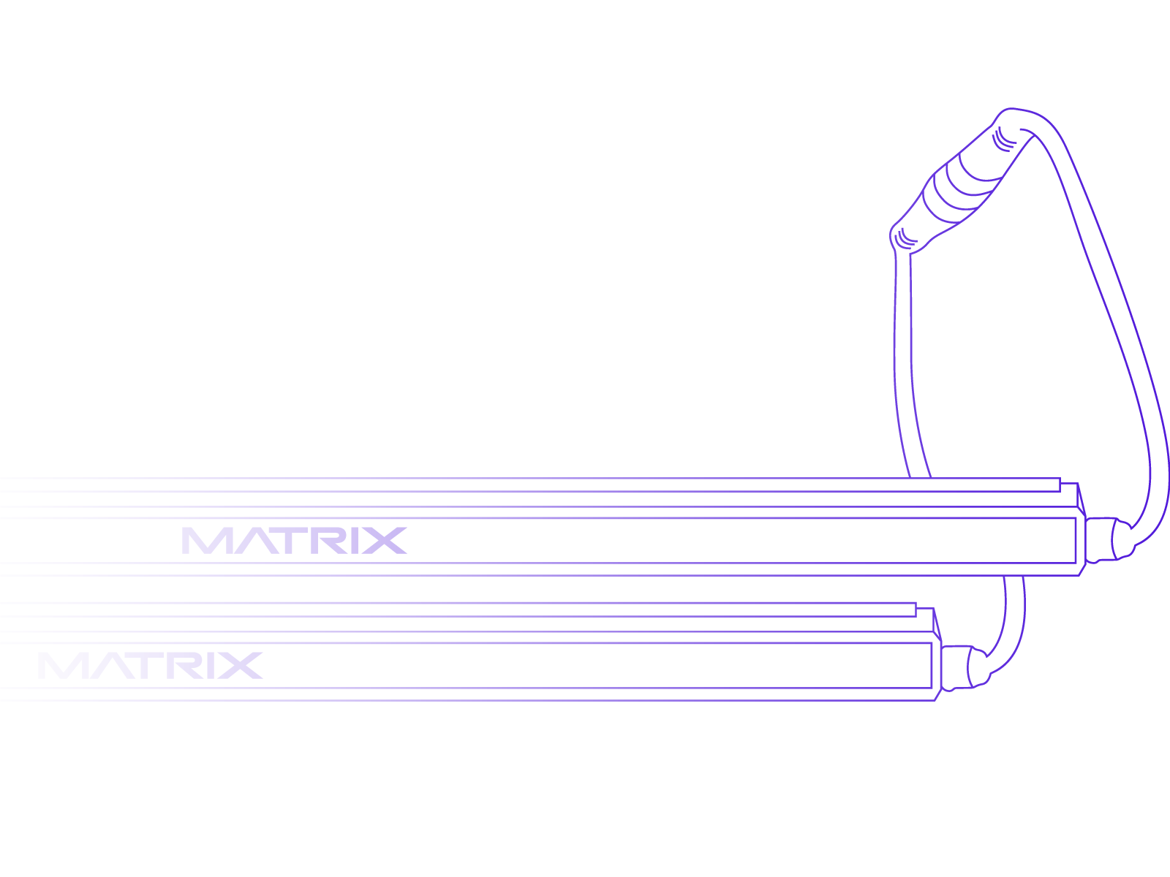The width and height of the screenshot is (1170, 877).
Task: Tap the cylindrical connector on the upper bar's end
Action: pyautogui.click(x=1106, y=539)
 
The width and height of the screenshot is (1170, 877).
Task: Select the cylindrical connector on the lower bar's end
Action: pyautogui.click(x=962, y=667)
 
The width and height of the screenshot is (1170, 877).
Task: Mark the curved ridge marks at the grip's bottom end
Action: pyautogui.click(x=905, y=237)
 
